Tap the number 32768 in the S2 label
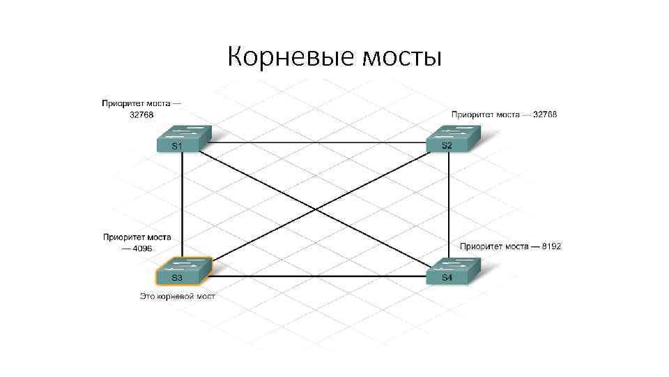click(x=545, y=114)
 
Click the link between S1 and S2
click(x=317, y=142)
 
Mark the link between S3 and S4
click(x=317, y=276)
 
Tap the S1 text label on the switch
click(x=177, y=146)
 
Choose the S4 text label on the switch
click(x=447, y=278)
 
